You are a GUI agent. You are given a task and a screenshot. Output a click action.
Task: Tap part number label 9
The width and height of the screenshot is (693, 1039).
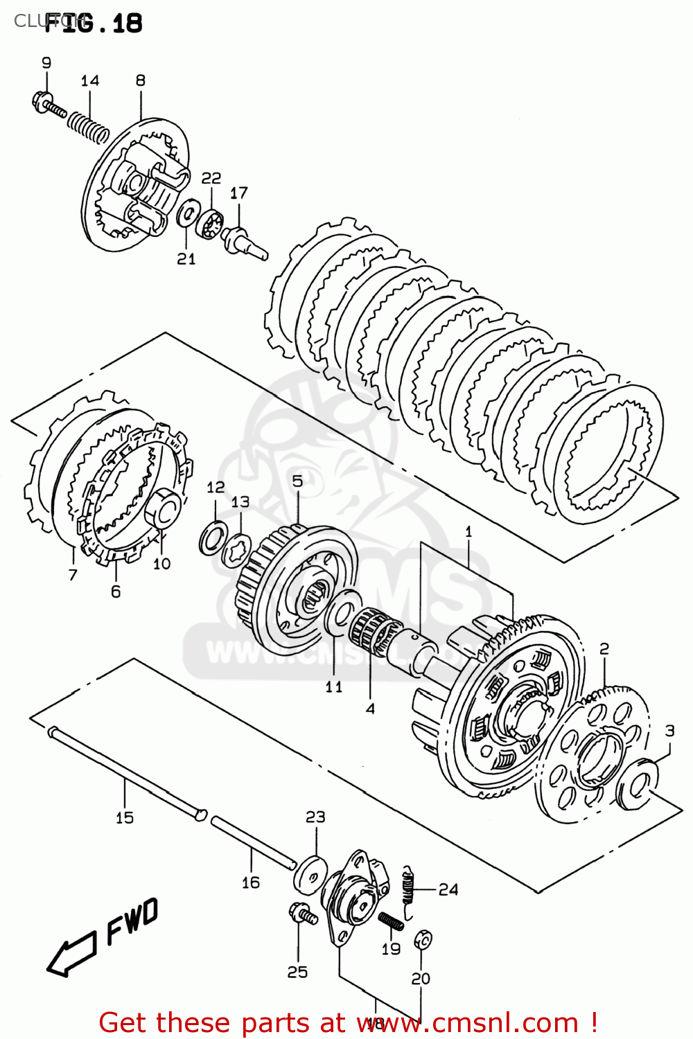(46, 63)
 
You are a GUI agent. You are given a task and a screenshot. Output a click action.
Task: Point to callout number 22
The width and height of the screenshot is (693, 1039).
(211, 178)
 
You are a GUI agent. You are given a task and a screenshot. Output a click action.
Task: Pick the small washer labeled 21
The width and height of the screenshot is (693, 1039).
(186, 215)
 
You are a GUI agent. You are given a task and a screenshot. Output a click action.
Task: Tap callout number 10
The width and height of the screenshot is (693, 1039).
(161, 563)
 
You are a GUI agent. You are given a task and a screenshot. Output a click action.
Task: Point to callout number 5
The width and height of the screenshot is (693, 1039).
(297, 481)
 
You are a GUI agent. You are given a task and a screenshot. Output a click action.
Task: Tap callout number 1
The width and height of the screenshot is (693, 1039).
(468, 532)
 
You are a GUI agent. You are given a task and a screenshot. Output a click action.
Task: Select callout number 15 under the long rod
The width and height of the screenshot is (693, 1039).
(125, 818)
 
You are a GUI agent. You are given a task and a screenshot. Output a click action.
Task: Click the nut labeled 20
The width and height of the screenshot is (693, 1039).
(422, 940)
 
